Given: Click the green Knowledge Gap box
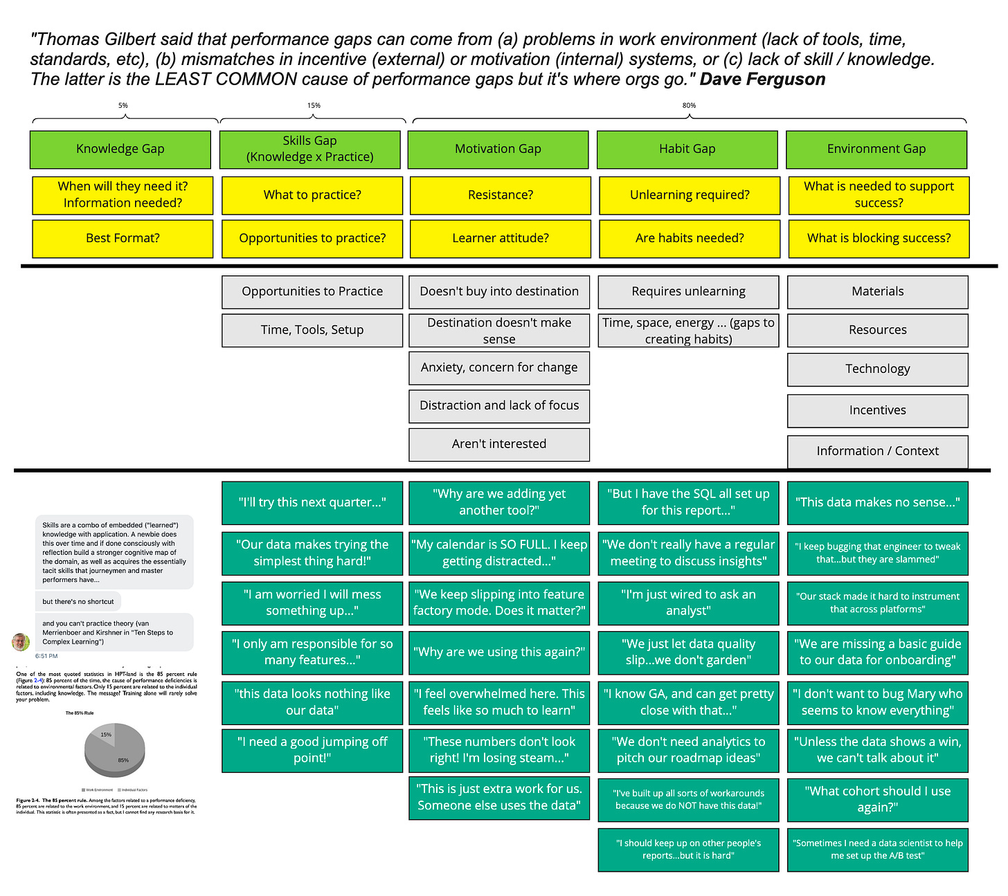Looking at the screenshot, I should [120, 149].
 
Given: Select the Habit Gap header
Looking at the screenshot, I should [687, 149].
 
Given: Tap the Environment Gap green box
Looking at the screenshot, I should [876, 149].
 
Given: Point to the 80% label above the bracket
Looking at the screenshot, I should [689, 106].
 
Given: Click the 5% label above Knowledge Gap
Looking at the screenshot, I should [123, 106].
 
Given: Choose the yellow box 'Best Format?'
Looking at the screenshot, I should [123, 239].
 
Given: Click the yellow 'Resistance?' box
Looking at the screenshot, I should [500, 195].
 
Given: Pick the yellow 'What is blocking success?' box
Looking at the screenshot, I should [879, 239].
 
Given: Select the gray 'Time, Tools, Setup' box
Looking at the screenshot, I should [312, 330].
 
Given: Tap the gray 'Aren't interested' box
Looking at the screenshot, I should [499, 444].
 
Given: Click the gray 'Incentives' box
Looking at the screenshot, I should [877, 410].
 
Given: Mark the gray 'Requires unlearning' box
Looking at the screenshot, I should [688, 292].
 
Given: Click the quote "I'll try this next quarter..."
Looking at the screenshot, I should [312, 502].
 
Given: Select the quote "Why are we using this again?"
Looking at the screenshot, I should [499, 652].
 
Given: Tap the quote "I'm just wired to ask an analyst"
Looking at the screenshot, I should [688, 603].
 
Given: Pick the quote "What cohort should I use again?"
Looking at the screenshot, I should [877, 799].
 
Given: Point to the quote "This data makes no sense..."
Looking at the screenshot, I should [877, 502].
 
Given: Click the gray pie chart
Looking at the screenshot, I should [114, 751].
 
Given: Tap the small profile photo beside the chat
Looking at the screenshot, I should [21, 641].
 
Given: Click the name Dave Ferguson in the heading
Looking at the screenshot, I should [762, 80].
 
